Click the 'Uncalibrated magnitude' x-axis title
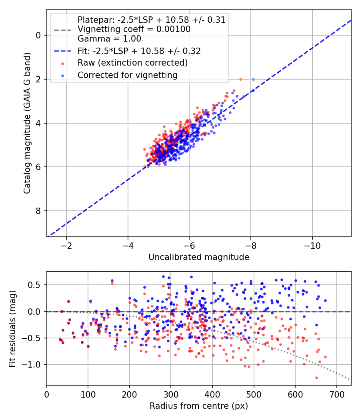click(199, 257)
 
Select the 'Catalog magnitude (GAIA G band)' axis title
click(27, 123)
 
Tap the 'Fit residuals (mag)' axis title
click(12, 329)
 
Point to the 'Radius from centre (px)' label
click(199, 406)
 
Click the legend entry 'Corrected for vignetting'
click(128, 75)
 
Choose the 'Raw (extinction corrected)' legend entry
click(132, 63)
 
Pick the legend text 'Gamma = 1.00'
click(109, 39)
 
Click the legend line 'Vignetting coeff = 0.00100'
click(134, 29)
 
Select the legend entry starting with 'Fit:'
click(139, 51)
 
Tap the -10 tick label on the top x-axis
click(312, 246)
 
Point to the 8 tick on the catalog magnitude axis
click(38, 211)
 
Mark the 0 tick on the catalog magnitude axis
click(38, 35)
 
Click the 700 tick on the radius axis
click(337, 394)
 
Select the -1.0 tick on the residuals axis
click(32, 364)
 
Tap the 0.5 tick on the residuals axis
click(34, 285)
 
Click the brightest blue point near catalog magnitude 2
click(253, 79)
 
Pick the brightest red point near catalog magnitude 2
click(240, 79)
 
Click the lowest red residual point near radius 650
click(316, 378)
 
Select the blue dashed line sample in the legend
click(62, 51)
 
